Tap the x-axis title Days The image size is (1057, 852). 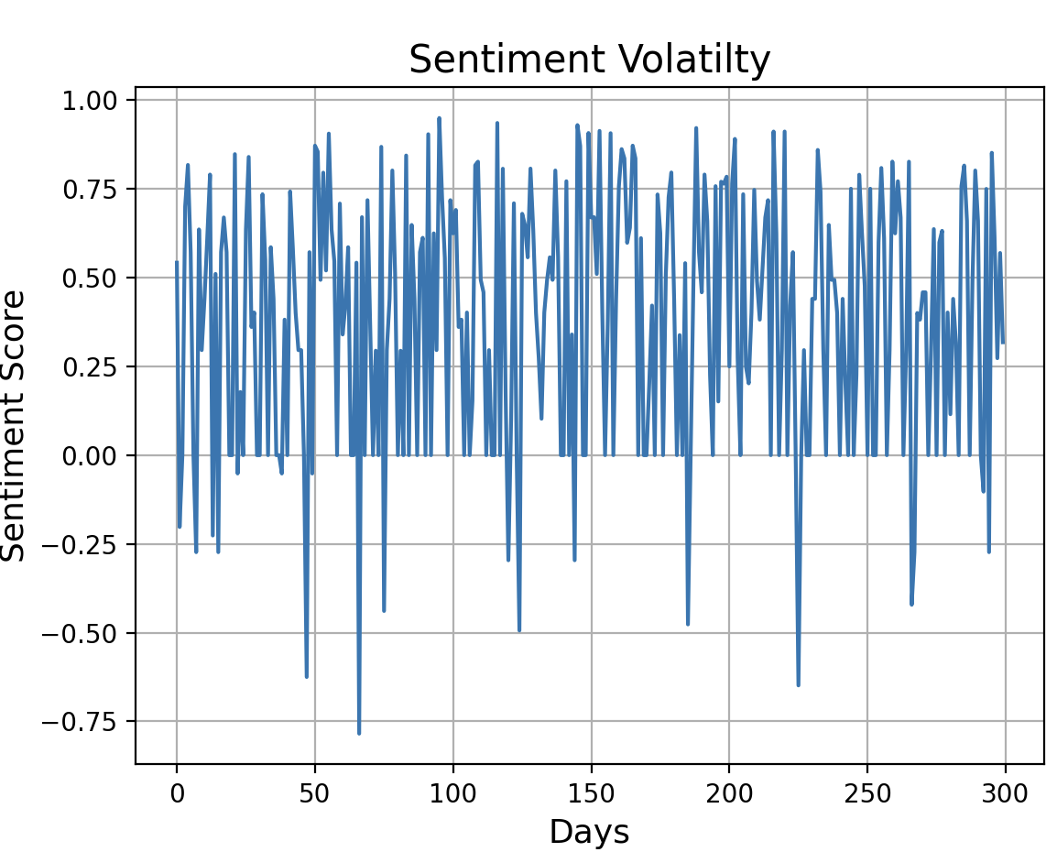(589, 832)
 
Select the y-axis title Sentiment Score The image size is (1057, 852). (15, 425)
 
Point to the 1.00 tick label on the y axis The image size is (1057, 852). (91, 100)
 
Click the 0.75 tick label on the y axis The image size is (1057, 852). (91, 189)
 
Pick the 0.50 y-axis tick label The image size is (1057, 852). (91, 278)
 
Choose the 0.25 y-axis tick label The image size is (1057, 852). (91, 366)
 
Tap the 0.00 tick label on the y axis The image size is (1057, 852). (91, 455)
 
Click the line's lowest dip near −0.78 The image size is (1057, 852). (359, 733)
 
